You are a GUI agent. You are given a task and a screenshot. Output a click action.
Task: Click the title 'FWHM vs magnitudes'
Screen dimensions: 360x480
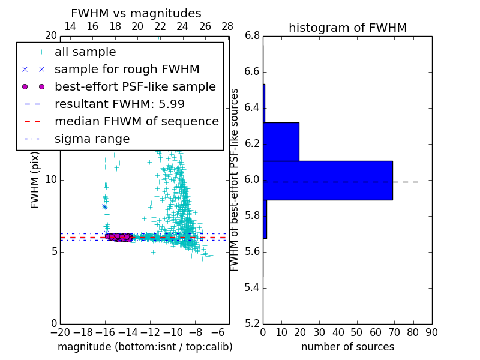[x=136, y=14]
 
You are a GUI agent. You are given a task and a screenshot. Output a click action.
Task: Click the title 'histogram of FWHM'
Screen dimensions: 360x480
[x=347, y=28]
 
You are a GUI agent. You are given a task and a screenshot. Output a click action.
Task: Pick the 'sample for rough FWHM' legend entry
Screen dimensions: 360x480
[x=127, y=69]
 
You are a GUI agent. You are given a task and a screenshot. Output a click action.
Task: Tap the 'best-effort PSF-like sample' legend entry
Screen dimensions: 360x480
[x=135, y=86]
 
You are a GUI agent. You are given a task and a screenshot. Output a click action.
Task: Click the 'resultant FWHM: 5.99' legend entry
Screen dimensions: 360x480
[x=119, y=104]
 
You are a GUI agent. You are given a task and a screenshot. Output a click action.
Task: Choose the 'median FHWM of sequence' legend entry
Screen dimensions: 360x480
[x=136, y=121]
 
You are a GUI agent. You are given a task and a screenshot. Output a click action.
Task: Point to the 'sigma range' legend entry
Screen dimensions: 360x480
[x=92, y=139]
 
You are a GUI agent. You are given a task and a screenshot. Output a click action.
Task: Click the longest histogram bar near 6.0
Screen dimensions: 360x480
[x=328, y=181]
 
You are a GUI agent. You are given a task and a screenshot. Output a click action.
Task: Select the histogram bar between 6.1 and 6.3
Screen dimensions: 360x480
[x=281, y=142]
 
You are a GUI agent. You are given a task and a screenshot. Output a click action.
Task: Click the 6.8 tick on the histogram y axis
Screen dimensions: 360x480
[x=252, y=36]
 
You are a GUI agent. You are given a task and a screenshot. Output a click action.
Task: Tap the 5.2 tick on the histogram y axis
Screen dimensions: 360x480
[x=252, y=323]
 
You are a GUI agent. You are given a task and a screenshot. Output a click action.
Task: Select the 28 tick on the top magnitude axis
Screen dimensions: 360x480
[x=227, y=26]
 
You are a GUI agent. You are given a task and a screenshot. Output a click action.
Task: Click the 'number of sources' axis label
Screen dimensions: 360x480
[x=347, y=347]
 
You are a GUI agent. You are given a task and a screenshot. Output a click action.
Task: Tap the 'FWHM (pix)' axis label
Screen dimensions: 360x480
[x=35, y=179]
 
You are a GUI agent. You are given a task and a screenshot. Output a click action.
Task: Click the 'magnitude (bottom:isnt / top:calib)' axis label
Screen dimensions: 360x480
[x=145, y=347]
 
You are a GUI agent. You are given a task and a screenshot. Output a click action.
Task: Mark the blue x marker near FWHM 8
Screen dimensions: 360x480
[x=104, y=206]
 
